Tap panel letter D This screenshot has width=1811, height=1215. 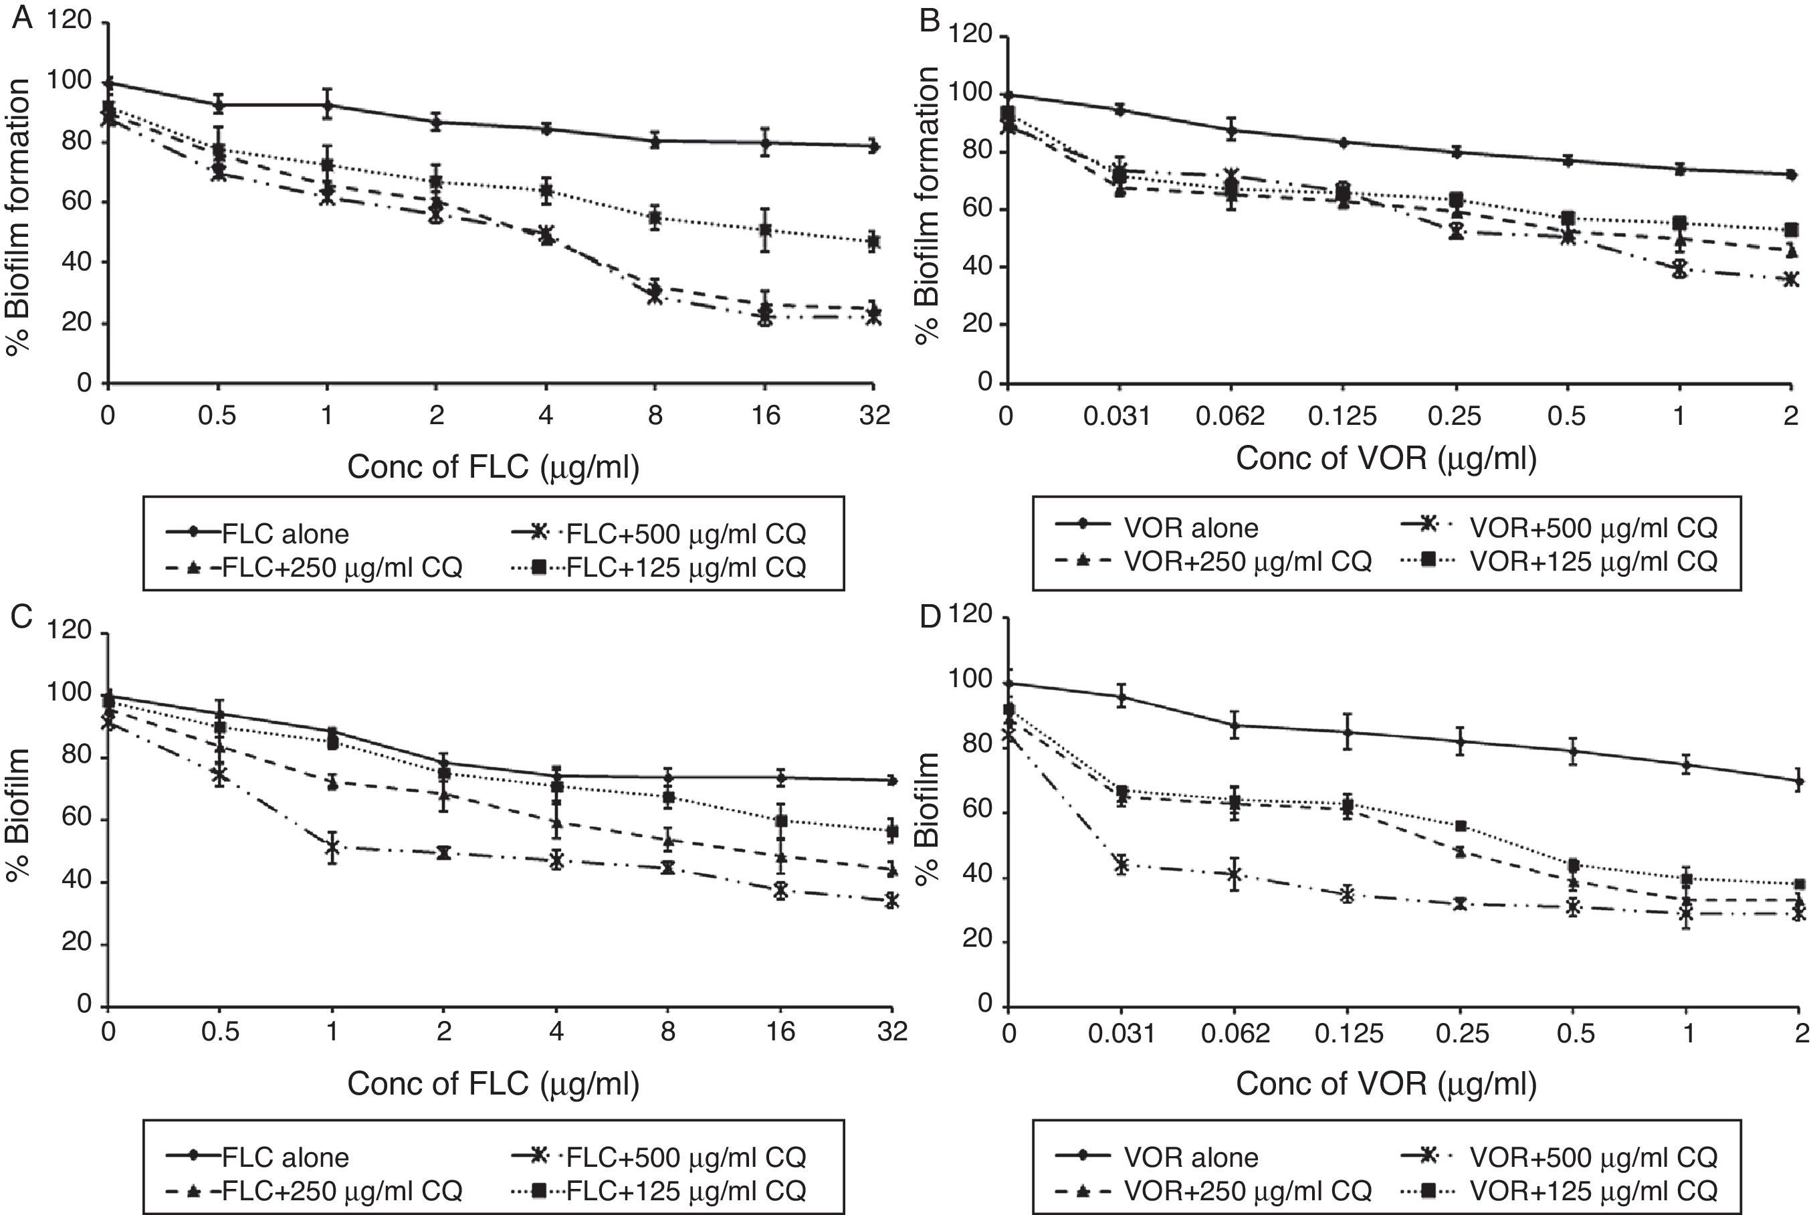(x=929, y=618)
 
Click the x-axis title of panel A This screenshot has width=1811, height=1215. (x=494, y=467)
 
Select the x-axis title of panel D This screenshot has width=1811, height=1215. (x=1386, y=1083)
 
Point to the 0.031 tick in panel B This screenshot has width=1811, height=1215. (x=1117, y=417)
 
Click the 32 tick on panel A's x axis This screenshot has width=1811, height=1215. (x=875, y=416)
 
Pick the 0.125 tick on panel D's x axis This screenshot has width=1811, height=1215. (x=1348, y=1033)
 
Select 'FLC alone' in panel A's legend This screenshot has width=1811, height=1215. (x=285, y=534)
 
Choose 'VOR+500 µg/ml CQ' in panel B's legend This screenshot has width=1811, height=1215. (x=1594, y=528)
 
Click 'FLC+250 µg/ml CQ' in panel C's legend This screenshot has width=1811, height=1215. (x=342, y=1190)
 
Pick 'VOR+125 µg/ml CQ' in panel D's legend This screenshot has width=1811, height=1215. (x=1594, y=1190)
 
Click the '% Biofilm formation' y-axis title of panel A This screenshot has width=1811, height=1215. (x=19, y=217)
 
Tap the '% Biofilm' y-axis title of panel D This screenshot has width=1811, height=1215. (x=927, y=818)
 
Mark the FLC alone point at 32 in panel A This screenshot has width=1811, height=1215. (x=874, y=146)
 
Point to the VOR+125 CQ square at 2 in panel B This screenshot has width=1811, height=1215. (x=1791, y=229)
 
